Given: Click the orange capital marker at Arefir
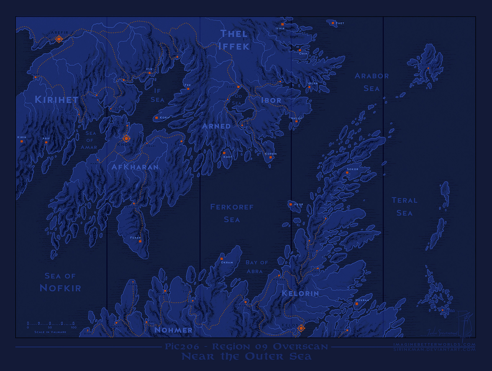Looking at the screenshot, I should click(59, 39).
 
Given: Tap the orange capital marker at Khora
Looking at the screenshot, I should click(126, 139).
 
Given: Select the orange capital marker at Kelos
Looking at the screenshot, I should click(301, 328).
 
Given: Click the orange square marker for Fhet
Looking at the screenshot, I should click(333, 23).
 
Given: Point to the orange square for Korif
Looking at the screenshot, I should click(157, 118).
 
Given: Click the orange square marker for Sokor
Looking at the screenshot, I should click(347, 173).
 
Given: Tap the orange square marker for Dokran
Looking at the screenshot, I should click(357, 304).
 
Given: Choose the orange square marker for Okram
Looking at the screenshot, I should click(222, 259).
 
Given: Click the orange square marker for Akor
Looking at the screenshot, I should click(291, 204).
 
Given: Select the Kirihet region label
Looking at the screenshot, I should click(57, 100).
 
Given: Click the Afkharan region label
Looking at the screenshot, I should click(135, 167).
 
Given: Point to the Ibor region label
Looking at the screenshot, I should click(271, 100).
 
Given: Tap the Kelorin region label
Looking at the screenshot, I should click(300, 293).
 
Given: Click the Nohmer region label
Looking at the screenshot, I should click(173, 330).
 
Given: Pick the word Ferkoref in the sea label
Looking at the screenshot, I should click(232, 207).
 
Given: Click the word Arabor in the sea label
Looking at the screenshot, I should click(372, 76).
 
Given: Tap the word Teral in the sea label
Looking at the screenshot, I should click(404, 200).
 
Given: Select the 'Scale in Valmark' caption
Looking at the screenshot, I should click(50, 332).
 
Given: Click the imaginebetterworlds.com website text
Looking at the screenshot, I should click(434, 345).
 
